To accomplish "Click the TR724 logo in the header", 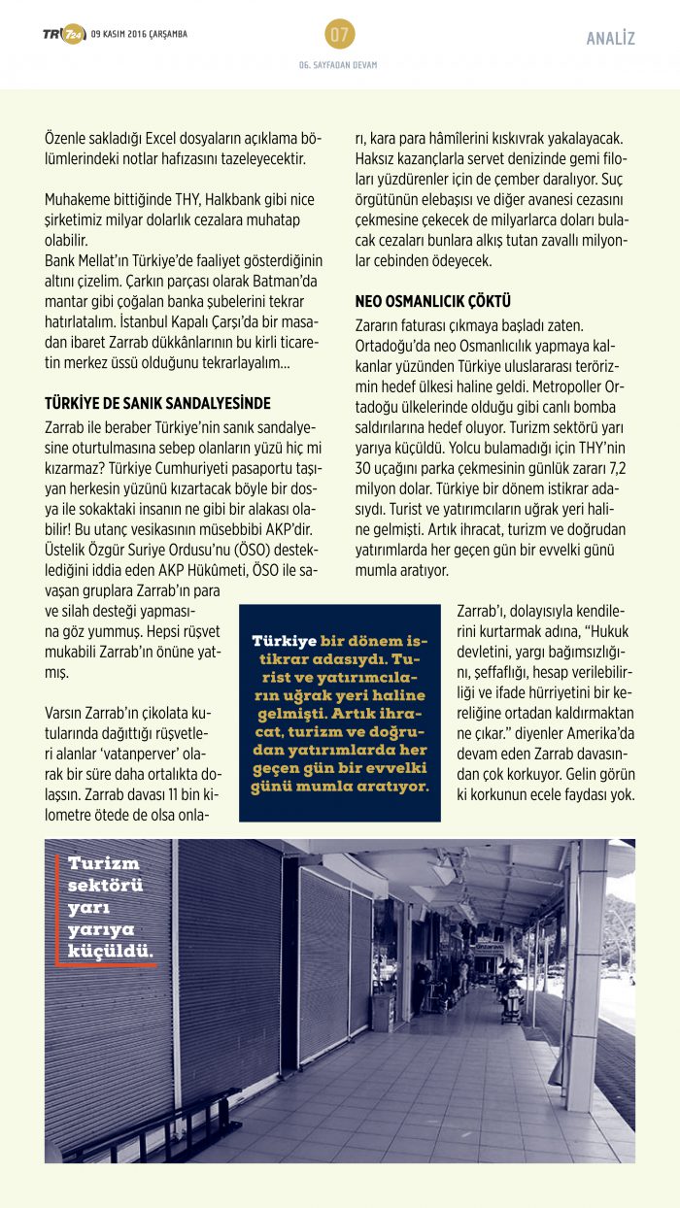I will click(63, 35).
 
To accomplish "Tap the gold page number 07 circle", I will click(339, 35).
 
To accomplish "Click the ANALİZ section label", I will click(610, 39).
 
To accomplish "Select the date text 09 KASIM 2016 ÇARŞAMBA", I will click(139, 35).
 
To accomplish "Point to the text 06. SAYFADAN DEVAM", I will click(338, 65).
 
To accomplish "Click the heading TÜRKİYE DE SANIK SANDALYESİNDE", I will click(157, 403).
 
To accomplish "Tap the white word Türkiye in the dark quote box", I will click(284, 641).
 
